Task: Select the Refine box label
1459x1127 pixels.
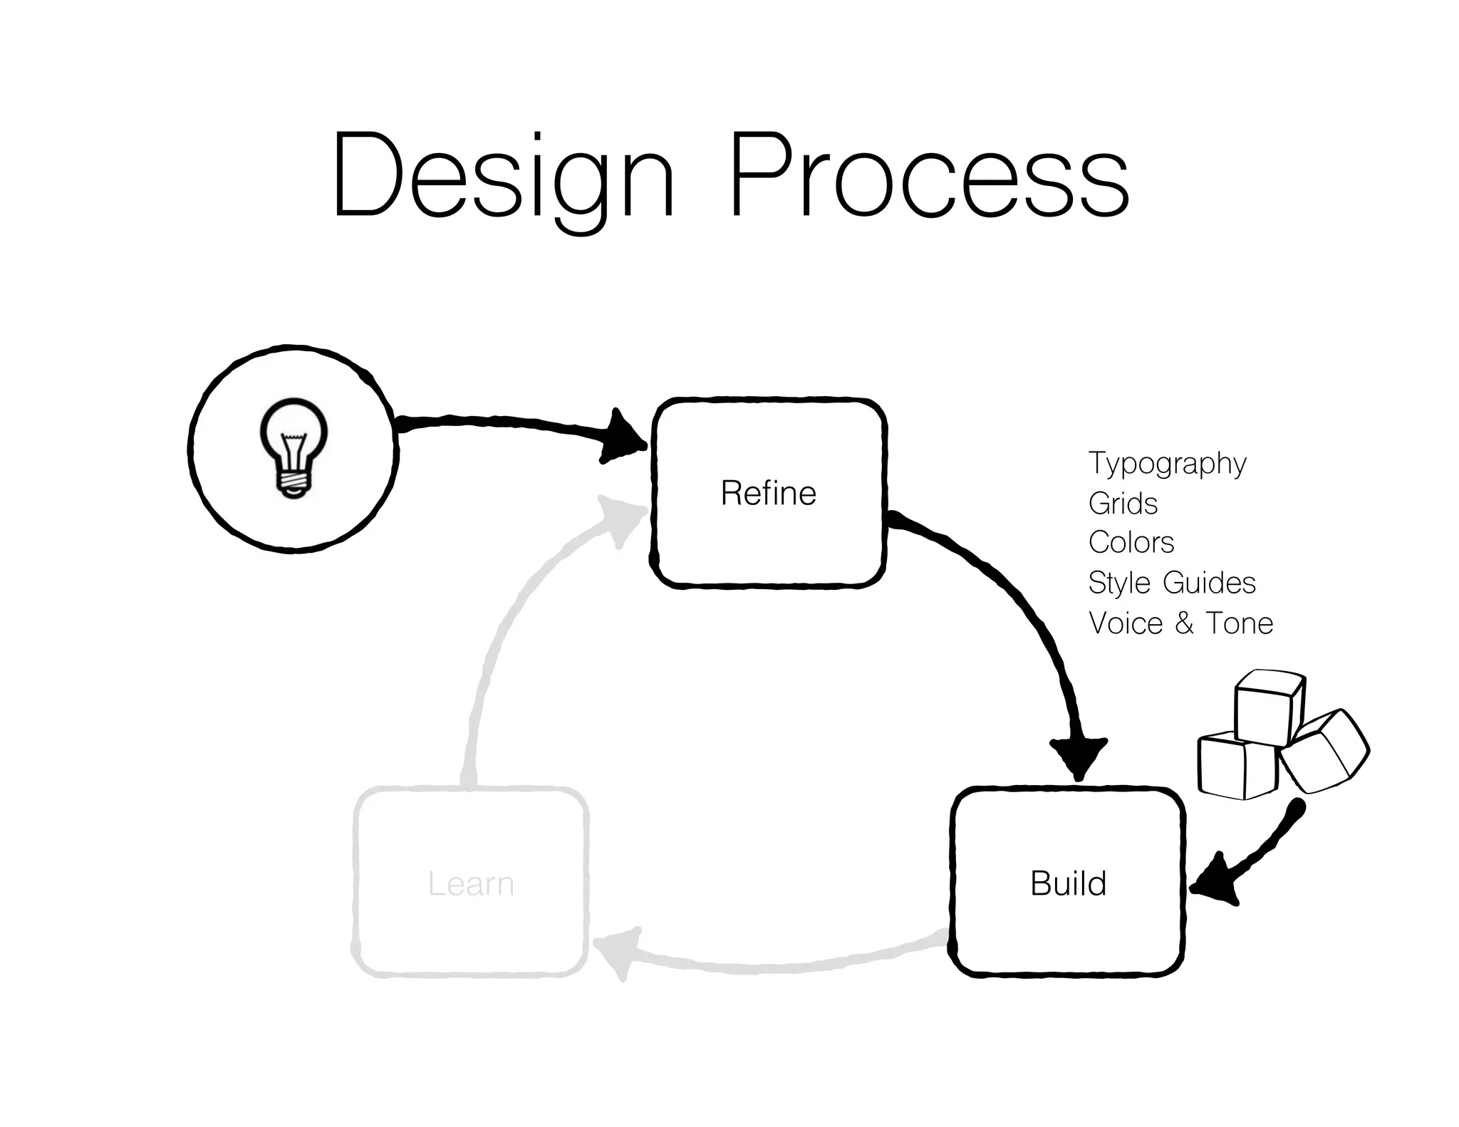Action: tap(768, 493)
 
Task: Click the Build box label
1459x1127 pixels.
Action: tap(1068, 883)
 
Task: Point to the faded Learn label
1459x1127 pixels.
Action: tap(471, 883)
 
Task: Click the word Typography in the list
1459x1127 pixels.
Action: tap(1167, 464)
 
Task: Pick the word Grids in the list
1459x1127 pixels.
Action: tap(1123, 504)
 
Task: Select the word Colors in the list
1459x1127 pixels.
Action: tap(1131, 543)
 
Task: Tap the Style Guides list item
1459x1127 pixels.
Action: tap(1171, 583)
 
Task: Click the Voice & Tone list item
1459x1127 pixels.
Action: tap(1180, 623)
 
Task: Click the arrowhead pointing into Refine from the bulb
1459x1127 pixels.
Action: tap(623, 437)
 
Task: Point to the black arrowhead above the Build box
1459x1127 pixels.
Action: tap(1078, 757)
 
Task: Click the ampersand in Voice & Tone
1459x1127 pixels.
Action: tap(1184, 623)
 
